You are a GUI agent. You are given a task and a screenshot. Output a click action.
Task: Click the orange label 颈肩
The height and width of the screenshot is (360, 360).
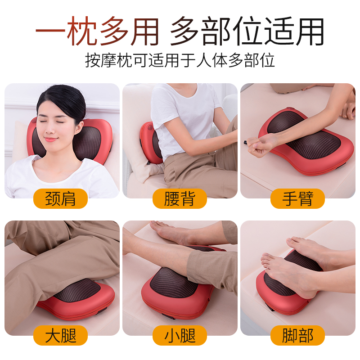(x=61, y=198)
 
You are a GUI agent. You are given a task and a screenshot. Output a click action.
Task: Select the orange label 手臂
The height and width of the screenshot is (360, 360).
(x=297, y=198)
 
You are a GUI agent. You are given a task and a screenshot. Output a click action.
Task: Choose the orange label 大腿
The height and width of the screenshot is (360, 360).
(x=61, y=335)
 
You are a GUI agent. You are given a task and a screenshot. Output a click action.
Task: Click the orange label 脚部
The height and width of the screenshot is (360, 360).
(x=297, y=335)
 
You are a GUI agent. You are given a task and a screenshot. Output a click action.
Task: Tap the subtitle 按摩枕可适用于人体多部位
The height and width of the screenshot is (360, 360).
(x=180, y=60)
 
